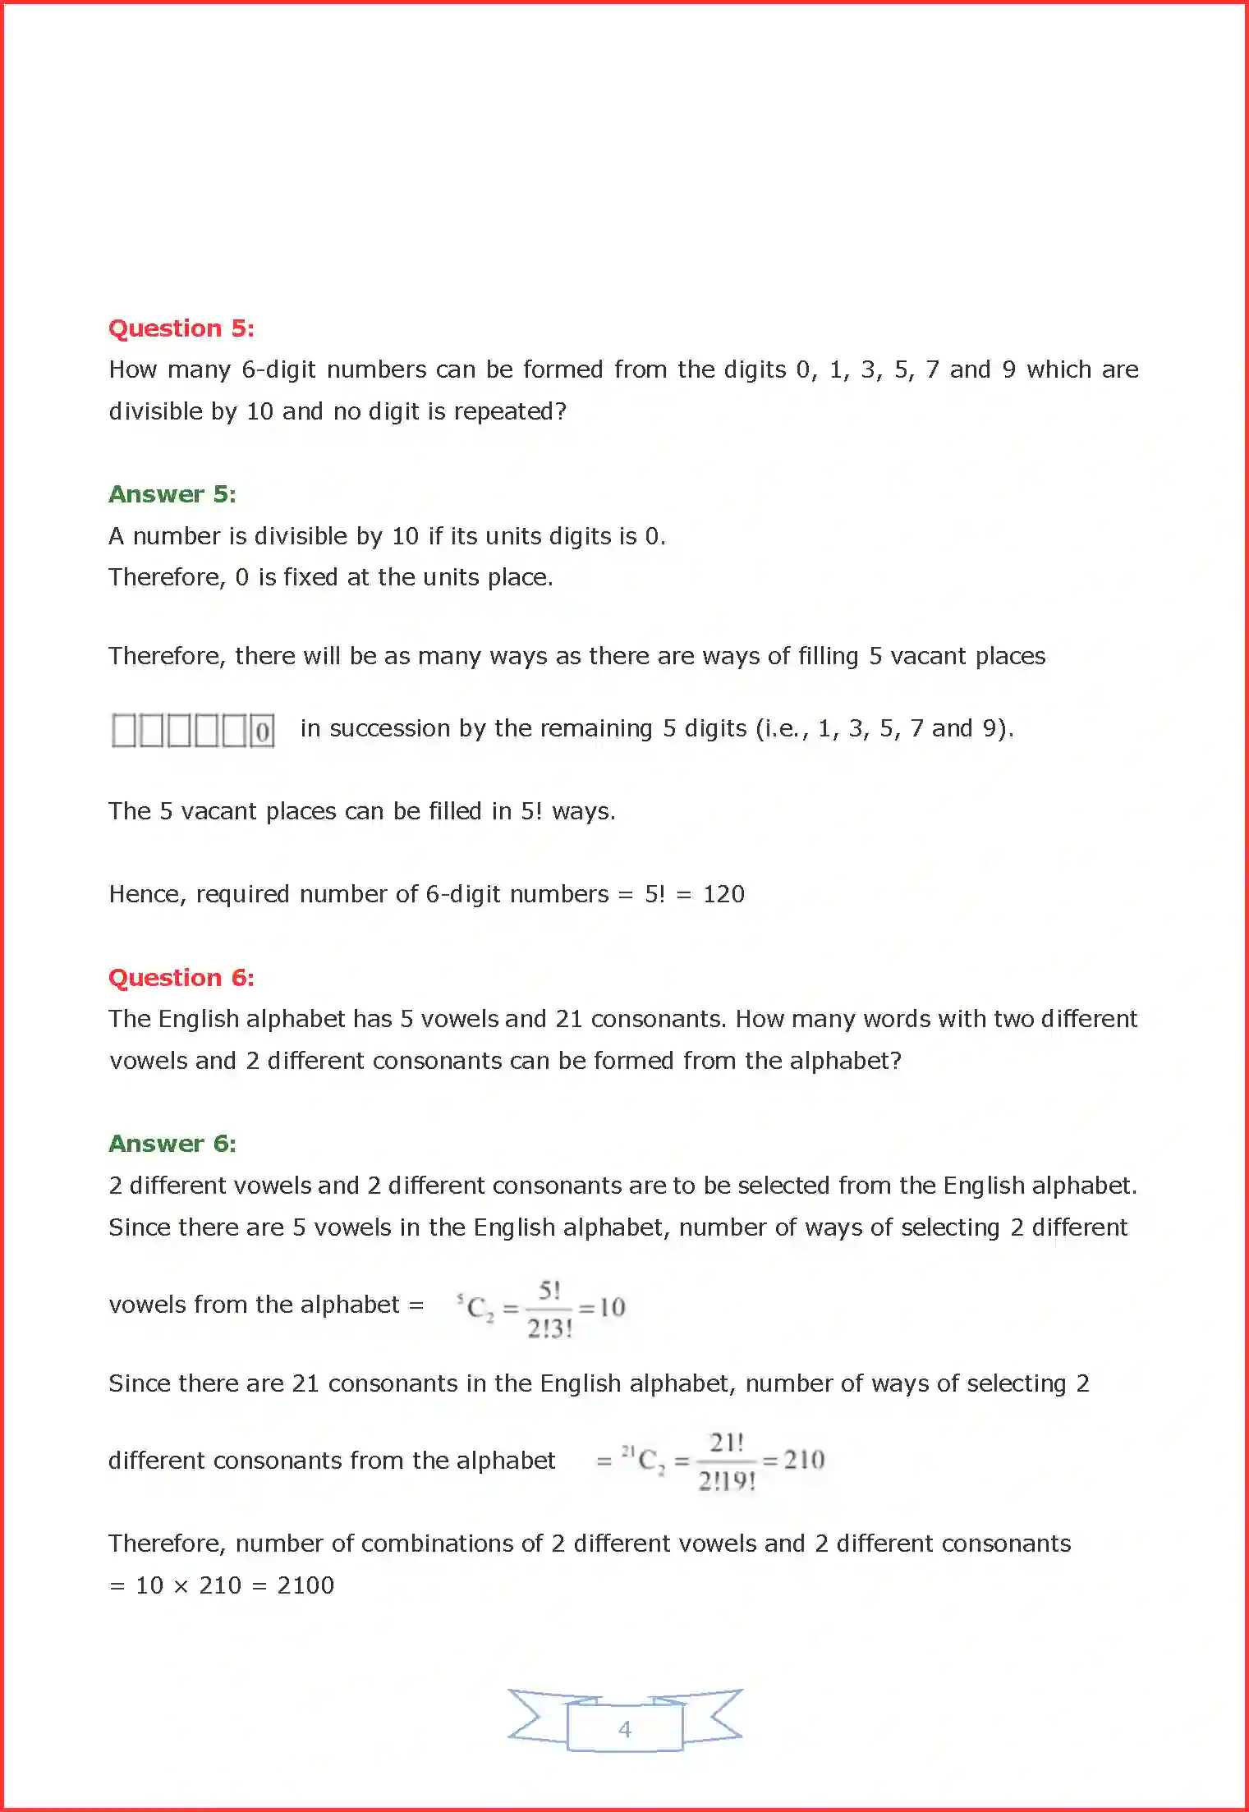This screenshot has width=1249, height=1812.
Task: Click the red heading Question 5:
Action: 181,328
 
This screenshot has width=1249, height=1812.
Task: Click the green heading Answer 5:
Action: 172,494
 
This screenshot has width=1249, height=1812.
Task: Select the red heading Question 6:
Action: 181,978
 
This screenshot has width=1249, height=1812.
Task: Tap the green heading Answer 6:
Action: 172,1144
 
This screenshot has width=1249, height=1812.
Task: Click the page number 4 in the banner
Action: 625,1729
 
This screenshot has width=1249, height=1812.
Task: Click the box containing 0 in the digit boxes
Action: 263,731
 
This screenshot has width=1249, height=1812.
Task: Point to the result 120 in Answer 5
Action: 723,894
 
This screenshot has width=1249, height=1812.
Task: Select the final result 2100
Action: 305,1585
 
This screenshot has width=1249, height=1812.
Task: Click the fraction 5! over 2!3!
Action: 549,1309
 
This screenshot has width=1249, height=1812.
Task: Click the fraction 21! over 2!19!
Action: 727,1461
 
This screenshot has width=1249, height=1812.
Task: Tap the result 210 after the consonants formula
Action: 804,1460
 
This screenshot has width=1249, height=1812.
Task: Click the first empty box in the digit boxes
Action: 124,731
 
